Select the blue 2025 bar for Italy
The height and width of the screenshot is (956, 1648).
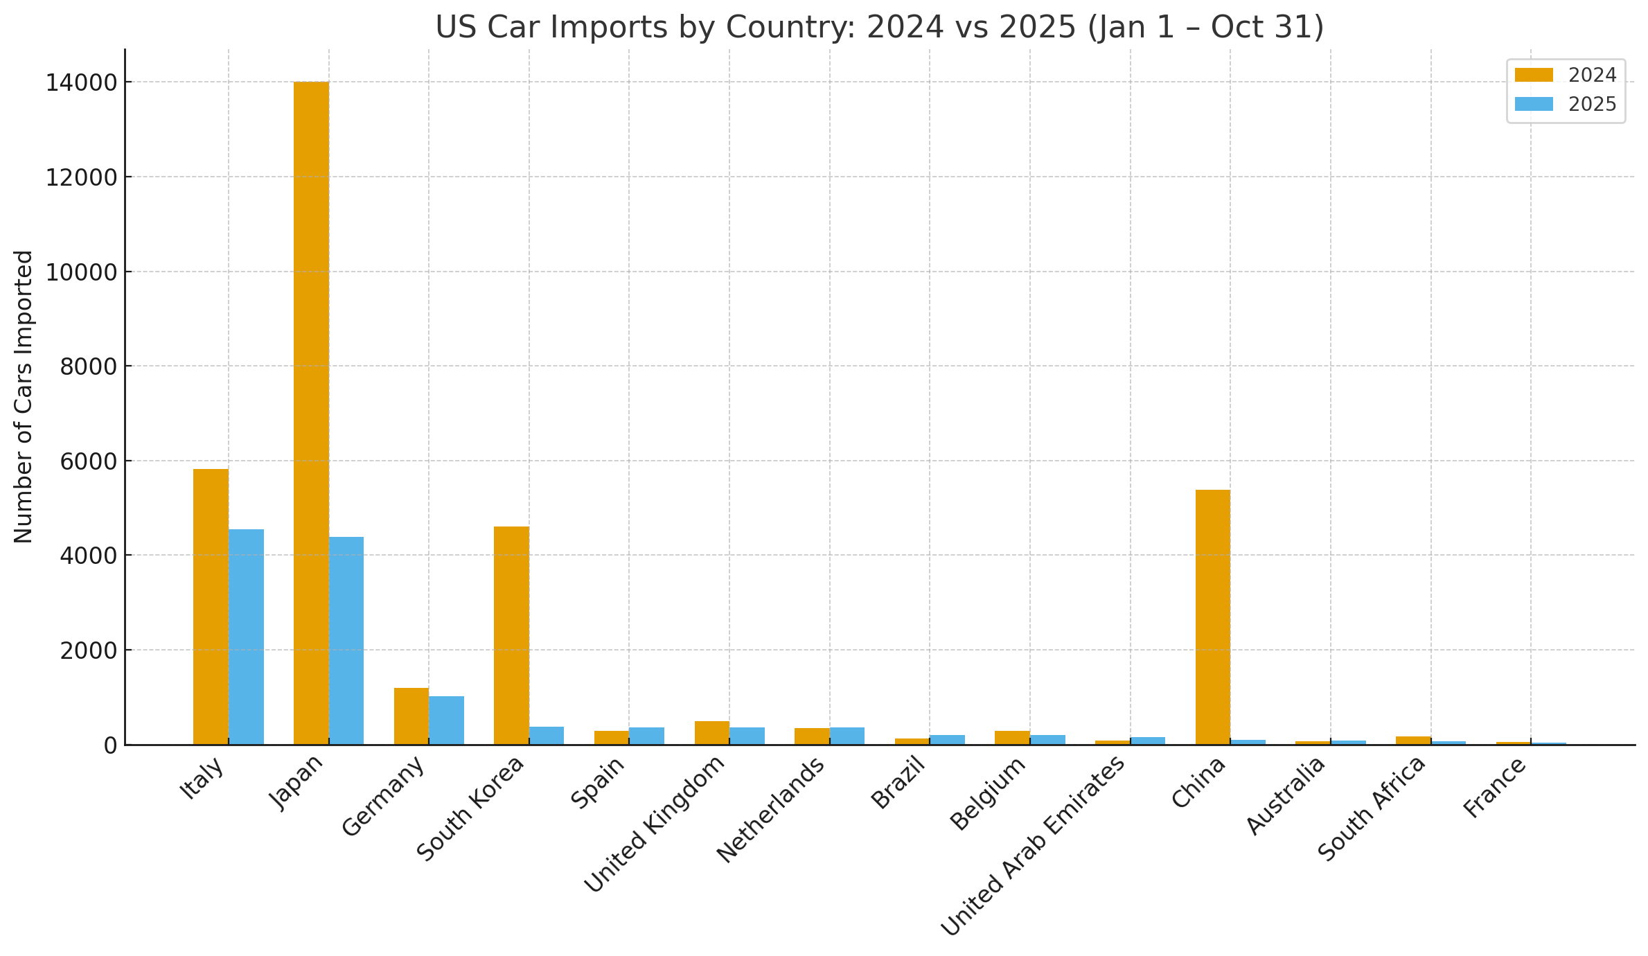[246, 637]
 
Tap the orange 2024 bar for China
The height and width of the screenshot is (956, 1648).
[1212, 617]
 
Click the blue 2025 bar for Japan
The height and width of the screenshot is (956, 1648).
[346, 641]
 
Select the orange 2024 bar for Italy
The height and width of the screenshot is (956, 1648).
[211, 607]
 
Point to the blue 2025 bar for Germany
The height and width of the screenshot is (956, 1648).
[446, 720]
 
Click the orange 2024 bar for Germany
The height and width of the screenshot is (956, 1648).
[411, 716]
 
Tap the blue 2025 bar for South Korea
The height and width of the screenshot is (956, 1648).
[547, 736]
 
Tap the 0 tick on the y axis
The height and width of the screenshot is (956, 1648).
[109, 745]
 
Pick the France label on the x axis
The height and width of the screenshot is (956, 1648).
[1495, 788]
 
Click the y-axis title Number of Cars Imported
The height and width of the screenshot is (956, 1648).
[24, 396]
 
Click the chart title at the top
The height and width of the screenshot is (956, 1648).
[879, 27]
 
